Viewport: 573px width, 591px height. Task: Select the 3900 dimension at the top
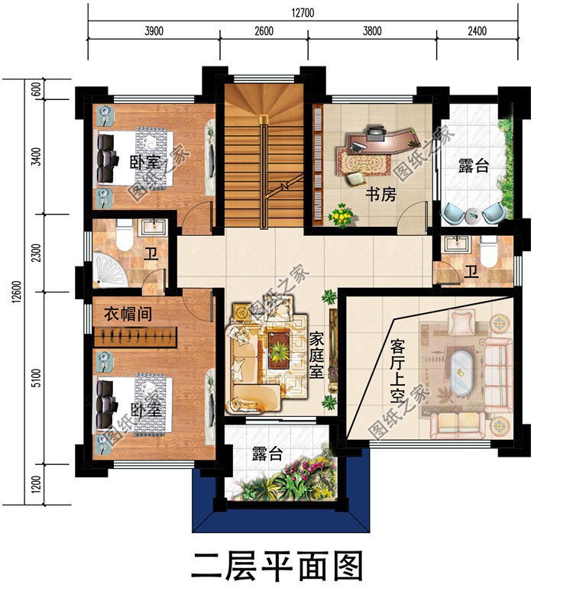click(154, 31)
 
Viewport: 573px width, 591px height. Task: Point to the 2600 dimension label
click(264, 31)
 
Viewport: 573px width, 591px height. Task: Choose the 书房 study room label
click(380, 195)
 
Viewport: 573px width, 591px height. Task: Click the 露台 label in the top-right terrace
click(474, 166)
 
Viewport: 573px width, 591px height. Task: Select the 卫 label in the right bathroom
click(472, 271)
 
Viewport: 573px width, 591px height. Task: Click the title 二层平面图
click(276, 567)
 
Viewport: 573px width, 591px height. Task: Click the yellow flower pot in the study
click(340, 217)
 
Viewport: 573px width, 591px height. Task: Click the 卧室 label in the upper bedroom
click(144, 163)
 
